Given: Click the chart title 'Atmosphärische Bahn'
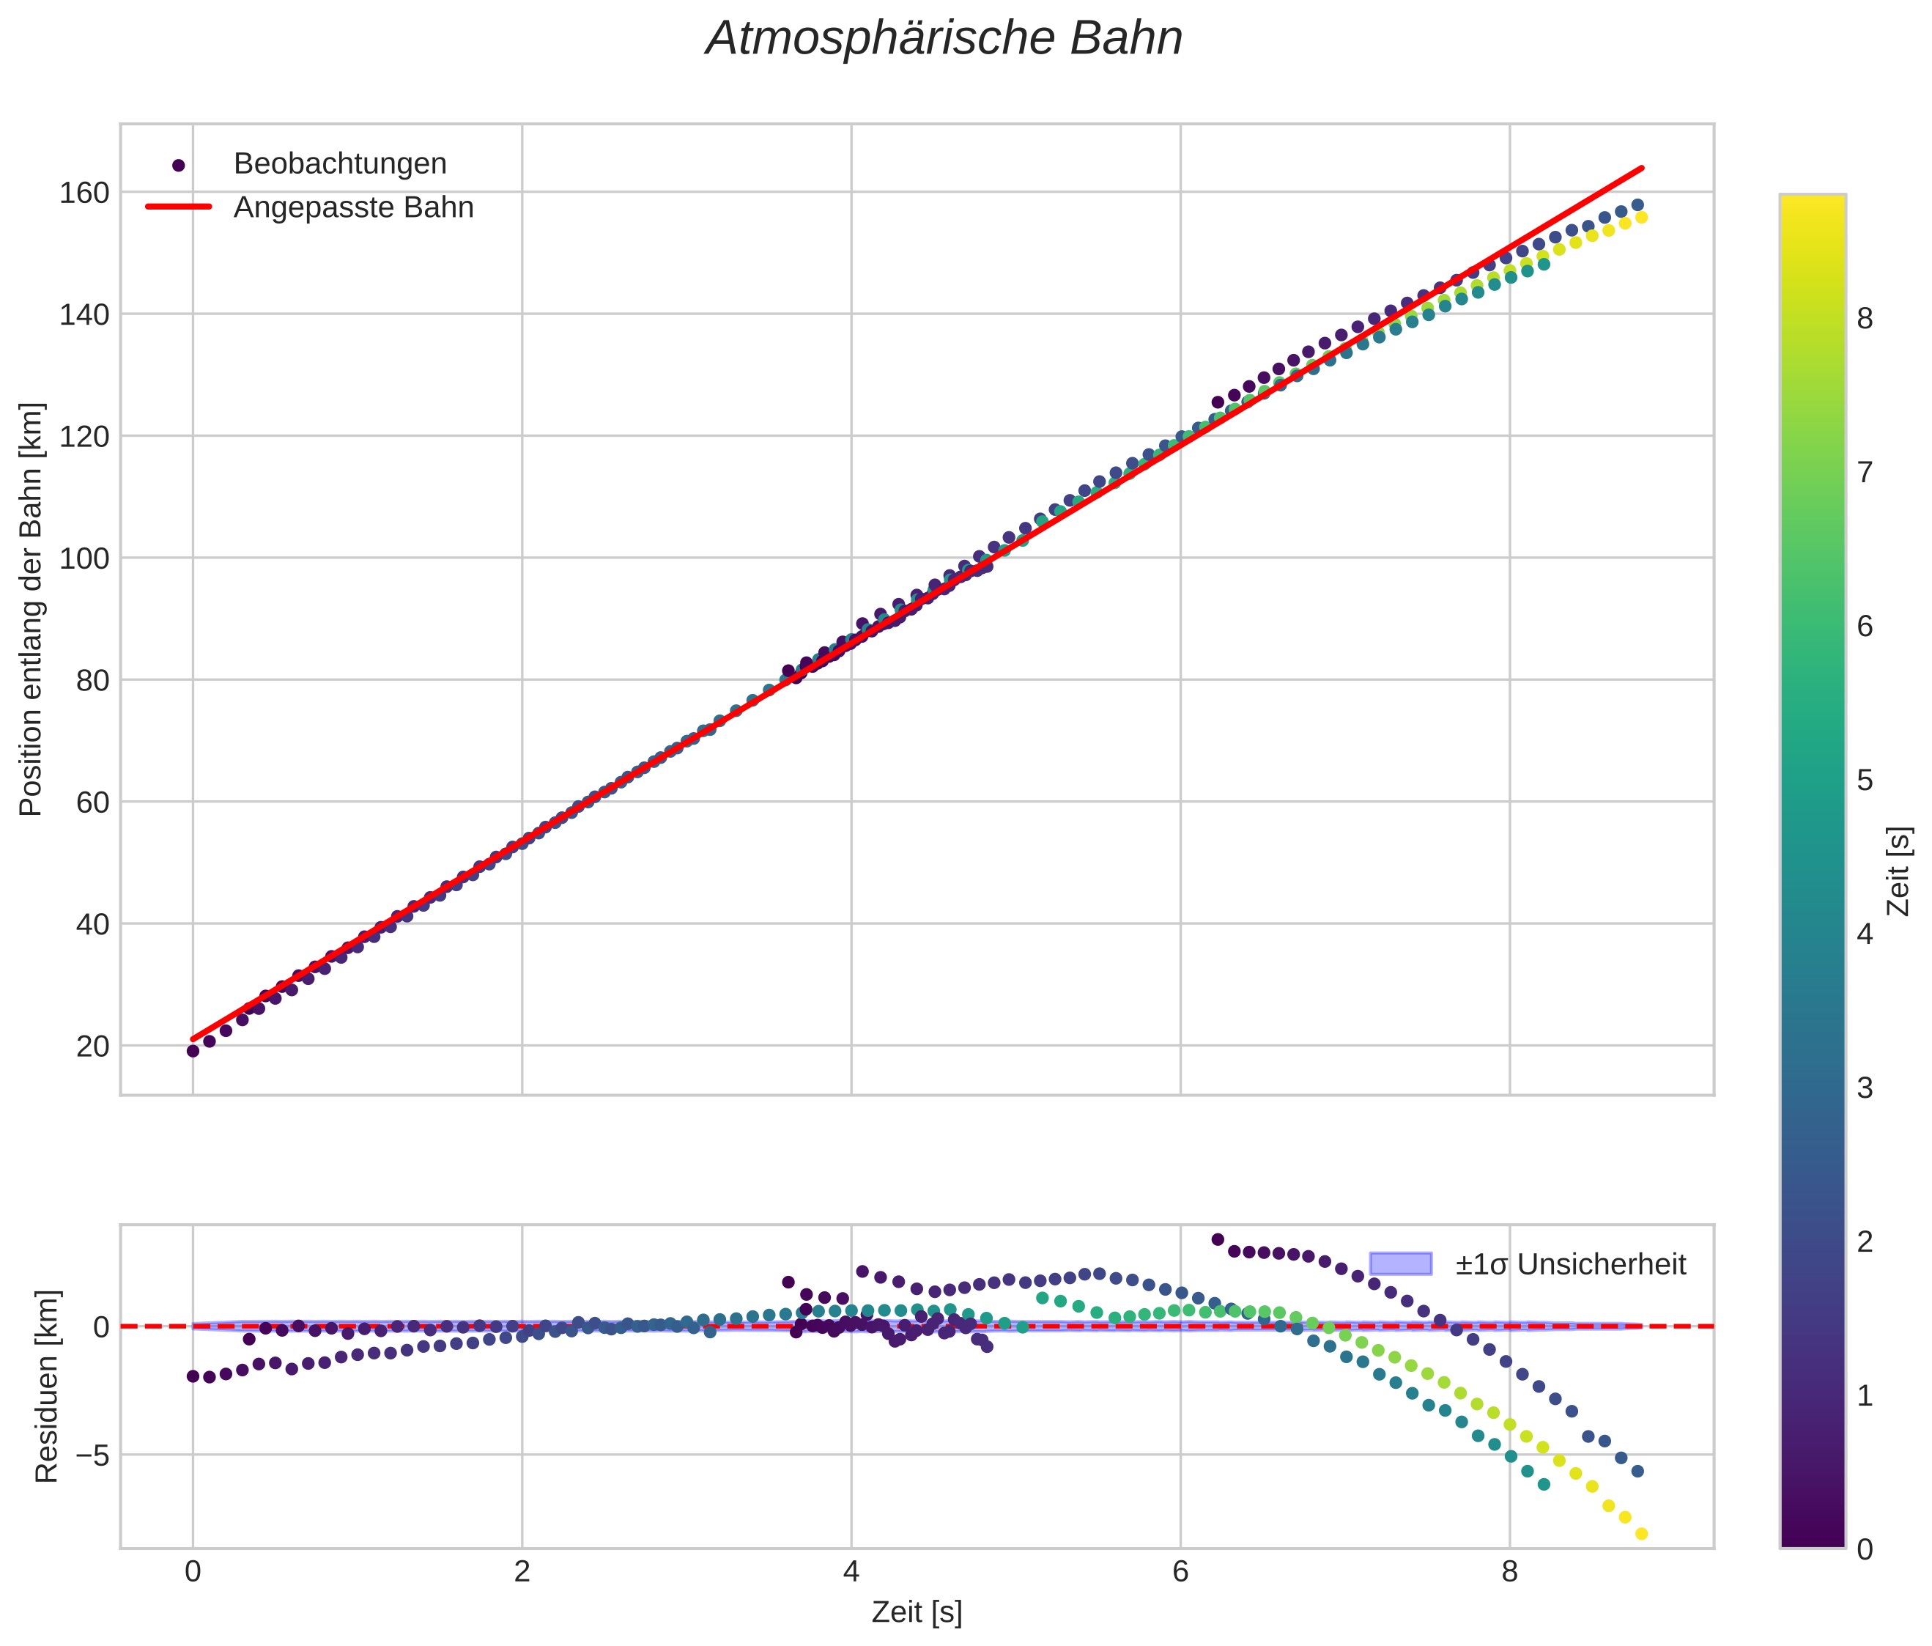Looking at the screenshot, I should click(944, 39).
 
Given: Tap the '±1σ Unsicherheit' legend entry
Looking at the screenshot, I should click(1570, 1265).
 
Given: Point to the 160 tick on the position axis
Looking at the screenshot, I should click(84, 193).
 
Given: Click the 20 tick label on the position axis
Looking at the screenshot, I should click(92, 1047).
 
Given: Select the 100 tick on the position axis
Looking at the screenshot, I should click(84, 558).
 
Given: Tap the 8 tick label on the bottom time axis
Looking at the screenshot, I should click(1509, 1572).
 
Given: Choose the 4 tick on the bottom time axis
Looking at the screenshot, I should click(851, 1572).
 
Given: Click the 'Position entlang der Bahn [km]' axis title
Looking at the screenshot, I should click(32, 610).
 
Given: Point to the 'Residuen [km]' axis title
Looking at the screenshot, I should click(47, 1387).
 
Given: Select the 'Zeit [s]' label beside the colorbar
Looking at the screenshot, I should click(1898, 871).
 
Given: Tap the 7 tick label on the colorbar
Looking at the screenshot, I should click(1865, 473).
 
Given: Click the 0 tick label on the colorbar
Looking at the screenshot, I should click(1865, 1549).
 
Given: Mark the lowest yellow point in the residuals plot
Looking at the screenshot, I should click(1641, 1534).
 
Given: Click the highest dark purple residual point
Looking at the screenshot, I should click(1217, 1239).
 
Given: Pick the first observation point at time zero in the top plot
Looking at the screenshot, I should click(193, 1051).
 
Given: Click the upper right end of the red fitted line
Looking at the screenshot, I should click(1642, 168).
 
